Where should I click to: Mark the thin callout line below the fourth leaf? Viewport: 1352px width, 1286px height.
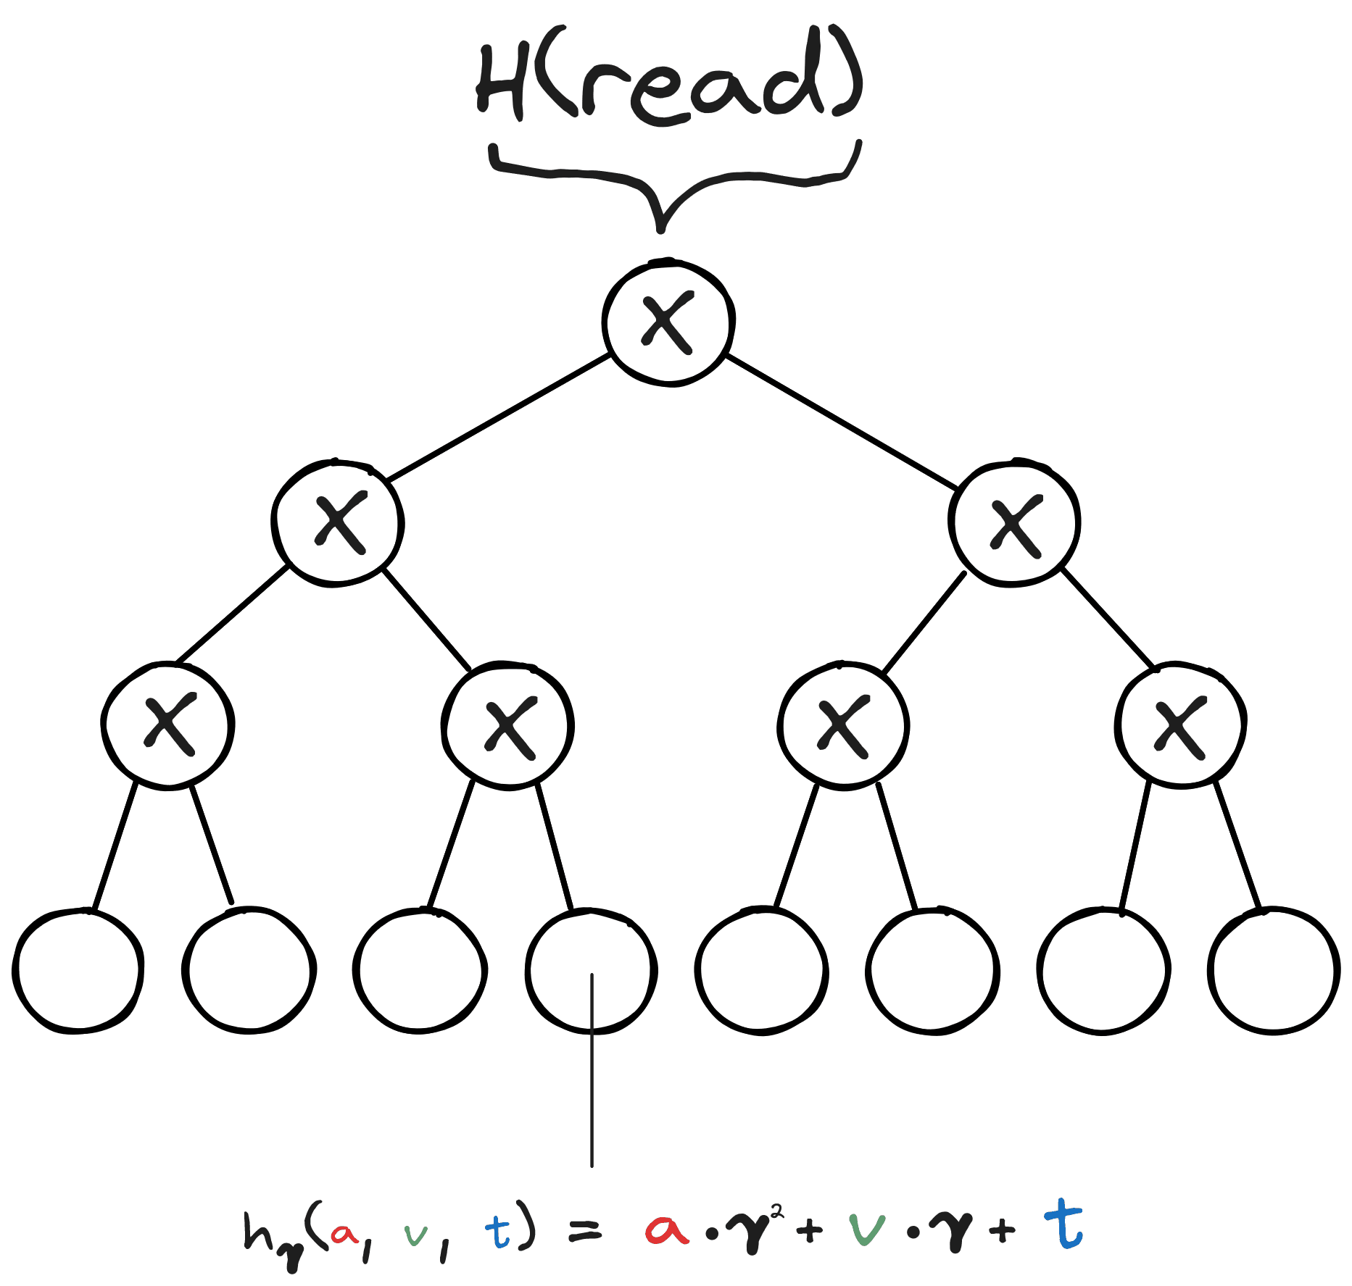[x=592, y=1070]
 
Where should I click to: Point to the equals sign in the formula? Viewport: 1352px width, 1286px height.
[x=584, y=1230]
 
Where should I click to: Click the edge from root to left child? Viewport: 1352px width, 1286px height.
[x=498, y=417]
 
